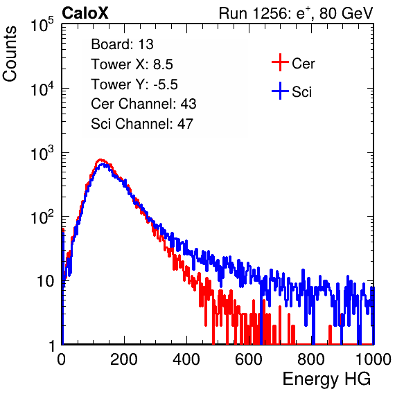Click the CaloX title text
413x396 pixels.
85,13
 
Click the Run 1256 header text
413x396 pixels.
296,13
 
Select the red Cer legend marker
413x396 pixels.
280,62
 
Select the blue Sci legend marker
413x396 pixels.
280,91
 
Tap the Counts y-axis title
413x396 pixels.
10,54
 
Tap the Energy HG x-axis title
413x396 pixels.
326,379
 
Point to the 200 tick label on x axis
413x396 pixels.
124,359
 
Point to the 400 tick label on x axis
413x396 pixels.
186,359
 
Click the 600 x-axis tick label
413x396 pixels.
249,359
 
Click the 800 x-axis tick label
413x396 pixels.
311,359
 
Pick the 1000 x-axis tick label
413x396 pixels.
374,359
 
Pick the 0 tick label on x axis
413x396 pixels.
62,359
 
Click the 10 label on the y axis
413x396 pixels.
45,281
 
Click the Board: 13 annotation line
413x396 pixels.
122,44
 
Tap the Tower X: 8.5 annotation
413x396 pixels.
132,64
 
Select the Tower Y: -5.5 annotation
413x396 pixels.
134,84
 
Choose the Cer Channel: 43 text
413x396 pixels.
143,104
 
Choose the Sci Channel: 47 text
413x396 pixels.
142,124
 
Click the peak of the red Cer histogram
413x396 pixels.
100,160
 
